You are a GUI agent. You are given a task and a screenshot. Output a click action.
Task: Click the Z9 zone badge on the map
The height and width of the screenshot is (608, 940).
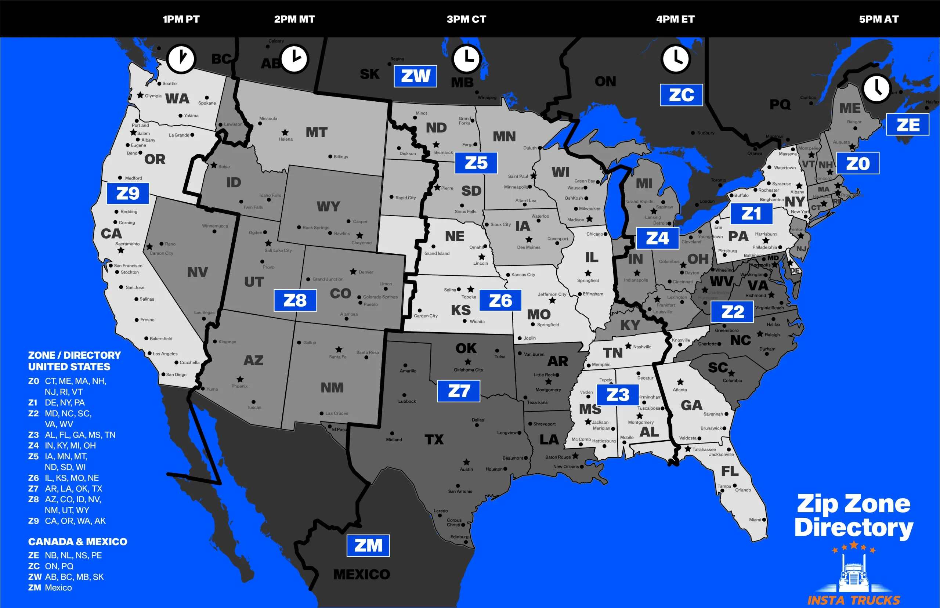point(127,193)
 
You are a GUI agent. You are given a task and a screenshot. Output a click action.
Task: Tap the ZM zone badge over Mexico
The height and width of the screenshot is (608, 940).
point(368,546)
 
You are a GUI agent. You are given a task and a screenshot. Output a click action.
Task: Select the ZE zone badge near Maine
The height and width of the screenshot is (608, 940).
point(908,125)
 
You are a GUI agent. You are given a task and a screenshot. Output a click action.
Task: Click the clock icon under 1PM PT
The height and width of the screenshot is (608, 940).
point(181,59)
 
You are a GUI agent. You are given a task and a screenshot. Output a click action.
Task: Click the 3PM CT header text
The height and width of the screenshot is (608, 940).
point(466,19)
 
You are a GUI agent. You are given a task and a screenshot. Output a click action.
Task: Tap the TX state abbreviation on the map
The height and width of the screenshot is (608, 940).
point(434,439)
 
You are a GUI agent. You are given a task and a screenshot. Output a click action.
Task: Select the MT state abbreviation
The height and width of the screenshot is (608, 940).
point(316,132)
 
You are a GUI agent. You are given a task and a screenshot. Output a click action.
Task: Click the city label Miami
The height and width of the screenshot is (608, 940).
point(755,520)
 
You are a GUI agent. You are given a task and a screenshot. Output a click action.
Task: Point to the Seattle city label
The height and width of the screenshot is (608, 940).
point(169,84)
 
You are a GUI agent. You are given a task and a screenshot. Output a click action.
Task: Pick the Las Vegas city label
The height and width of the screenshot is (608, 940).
point(204,313)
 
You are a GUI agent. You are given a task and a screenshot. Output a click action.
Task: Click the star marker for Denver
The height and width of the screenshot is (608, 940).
point(353,272)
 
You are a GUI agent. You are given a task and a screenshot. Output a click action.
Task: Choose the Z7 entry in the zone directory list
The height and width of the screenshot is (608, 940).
point(65,488)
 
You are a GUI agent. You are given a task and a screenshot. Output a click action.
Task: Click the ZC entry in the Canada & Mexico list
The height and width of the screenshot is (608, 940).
point(51,566)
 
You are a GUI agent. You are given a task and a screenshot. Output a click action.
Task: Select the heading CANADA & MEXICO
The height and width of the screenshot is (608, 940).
point(77,542)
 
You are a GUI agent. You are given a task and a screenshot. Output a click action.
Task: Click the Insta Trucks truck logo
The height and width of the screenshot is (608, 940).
point(854,572)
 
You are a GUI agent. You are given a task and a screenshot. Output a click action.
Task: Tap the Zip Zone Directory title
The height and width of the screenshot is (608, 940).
point(854,515)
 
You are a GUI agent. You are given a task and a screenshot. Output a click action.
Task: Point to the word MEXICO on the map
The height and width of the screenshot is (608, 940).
point(361,575)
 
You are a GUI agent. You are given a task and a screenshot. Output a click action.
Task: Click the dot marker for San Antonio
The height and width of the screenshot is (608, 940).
point(458,486)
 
